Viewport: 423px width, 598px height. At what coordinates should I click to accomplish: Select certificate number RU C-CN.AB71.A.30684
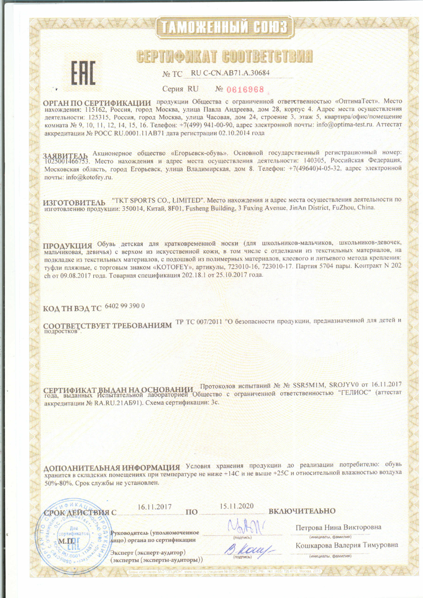(230, 73)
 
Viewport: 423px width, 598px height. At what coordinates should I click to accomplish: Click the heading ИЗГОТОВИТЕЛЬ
(74, 202)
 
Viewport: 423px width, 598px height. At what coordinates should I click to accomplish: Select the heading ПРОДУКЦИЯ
(68, 246)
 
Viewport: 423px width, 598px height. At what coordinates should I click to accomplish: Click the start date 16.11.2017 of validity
(155, 507)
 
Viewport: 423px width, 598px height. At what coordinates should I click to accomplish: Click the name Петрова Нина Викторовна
(338, 527)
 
